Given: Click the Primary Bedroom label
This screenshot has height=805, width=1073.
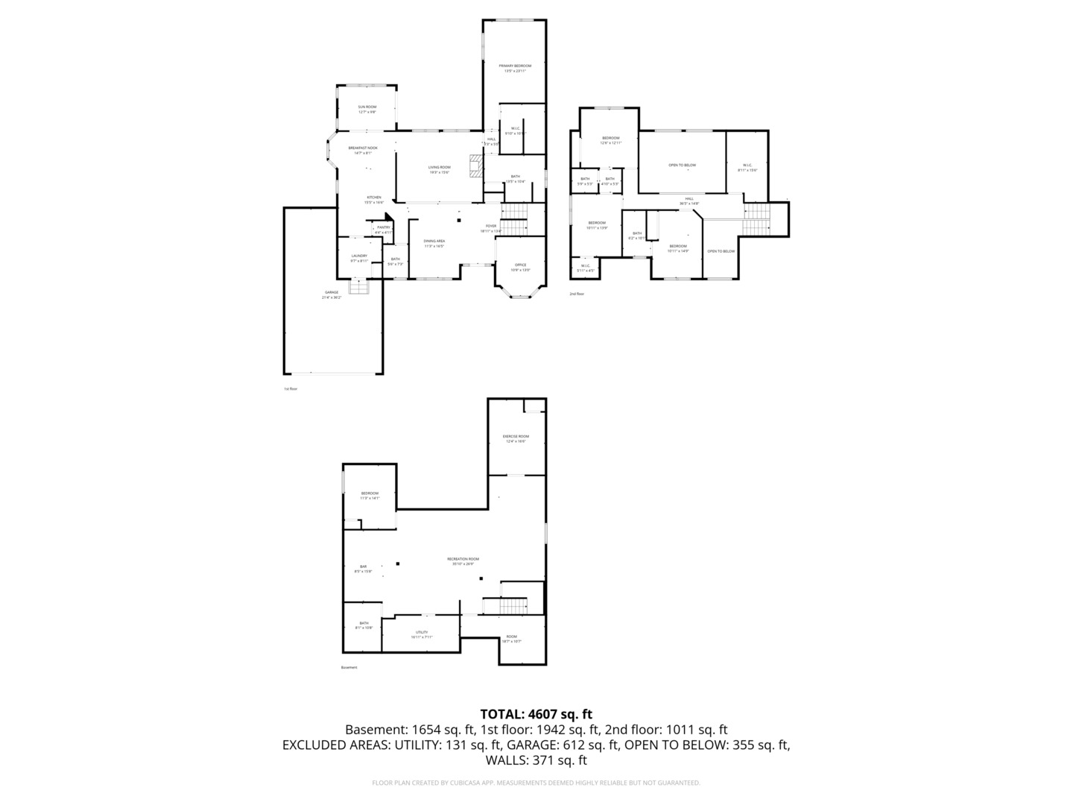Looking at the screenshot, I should [x=515, y=66].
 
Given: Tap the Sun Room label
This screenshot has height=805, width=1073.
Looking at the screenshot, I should [x=367, y=107].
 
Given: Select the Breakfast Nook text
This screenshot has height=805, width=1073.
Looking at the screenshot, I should [x=363, y=148].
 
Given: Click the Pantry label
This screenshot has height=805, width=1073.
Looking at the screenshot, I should [x=384, y=227].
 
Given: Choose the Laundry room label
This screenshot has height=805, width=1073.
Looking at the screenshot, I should [x=359, y=256].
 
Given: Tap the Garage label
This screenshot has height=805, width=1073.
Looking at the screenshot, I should [x=332, y=292].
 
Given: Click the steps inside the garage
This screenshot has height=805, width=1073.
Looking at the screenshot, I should [x=359, y=286].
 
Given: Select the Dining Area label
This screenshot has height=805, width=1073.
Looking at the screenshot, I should [x=434, y=241].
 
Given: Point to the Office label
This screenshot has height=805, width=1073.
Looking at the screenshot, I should [x=520, y=265].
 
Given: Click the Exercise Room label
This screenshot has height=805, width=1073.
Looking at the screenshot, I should [x=516, y=436].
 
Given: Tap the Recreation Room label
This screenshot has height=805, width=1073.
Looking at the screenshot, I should [x=463, y=559].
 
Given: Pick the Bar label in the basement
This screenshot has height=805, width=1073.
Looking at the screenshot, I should [x=364, y=567].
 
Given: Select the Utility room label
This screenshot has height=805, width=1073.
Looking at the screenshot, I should [x=422, y=632].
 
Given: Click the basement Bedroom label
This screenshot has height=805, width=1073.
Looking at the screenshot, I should [x=370, y=493].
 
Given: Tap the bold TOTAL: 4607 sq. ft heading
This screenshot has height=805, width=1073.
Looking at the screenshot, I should [x=536, y=714].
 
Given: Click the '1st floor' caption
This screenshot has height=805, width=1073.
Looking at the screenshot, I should [x=290, y=389].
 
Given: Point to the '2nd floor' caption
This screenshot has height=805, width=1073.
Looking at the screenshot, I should [x=577, y=294].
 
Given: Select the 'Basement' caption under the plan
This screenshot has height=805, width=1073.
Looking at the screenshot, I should [x=349, y=668].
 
